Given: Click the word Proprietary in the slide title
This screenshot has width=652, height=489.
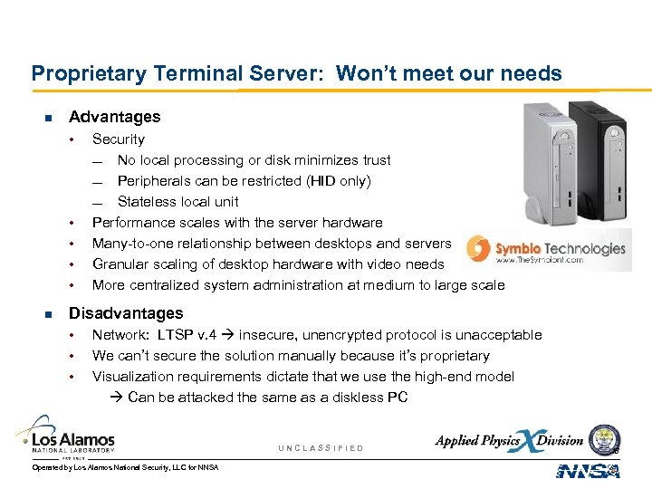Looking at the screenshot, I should pos(76,73).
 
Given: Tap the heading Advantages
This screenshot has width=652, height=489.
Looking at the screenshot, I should pos(114,117).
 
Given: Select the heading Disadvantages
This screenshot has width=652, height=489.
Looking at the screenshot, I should pos(126,313).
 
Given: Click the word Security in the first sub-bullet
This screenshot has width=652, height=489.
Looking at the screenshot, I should pos(119,139).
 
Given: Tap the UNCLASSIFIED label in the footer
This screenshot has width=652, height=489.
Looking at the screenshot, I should pos(321,448).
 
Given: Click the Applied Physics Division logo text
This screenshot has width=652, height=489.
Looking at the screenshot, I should pos(509,441).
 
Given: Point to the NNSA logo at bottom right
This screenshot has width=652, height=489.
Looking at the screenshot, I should pos(588,471).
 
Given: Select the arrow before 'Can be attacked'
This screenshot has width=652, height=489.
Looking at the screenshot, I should pos(119,398).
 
